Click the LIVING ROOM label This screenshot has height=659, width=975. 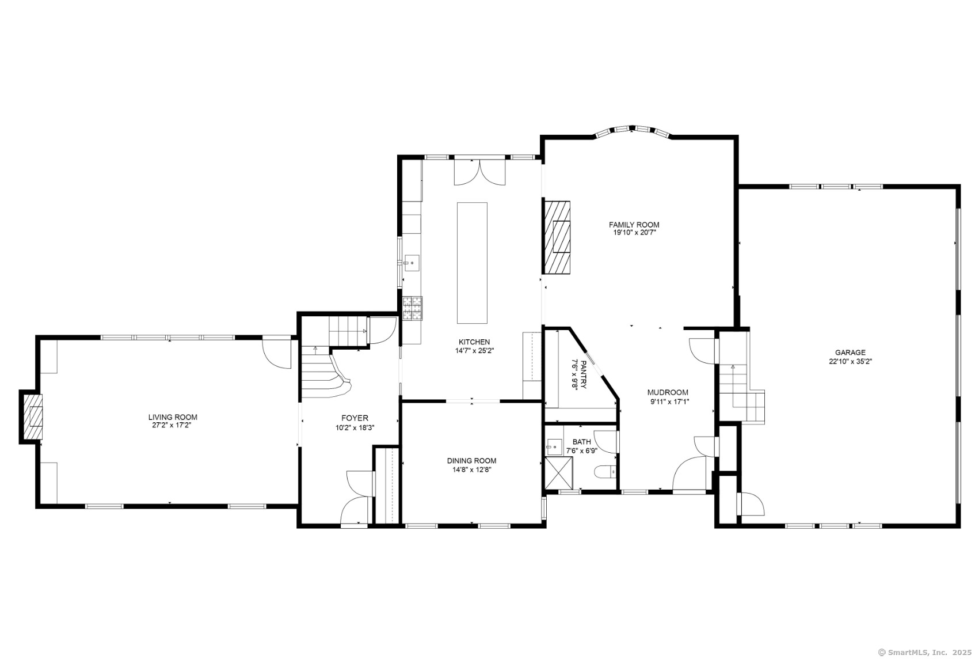point(173,417)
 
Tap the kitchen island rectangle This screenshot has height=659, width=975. point(472,263)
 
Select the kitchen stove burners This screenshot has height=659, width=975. point(412,308)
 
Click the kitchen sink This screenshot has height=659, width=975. point(412,263)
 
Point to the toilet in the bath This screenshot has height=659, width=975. point(605,471)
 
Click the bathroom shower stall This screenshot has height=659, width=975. point(559,473)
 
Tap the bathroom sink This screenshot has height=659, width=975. point(554,447)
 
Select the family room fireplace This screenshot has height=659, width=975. point(556,237)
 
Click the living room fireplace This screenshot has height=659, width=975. point(33,417)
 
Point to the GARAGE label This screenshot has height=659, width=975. point(850,353)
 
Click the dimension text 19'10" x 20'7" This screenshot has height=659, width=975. point(634,233)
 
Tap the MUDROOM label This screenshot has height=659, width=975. point(668,392)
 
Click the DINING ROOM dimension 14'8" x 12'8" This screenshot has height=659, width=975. point(471,469)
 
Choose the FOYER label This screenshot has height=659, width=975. point(355,418)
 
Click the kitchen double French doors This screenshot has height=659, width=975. point(479,172)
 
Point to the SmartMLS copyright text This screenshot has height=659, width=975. point(924,652)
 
